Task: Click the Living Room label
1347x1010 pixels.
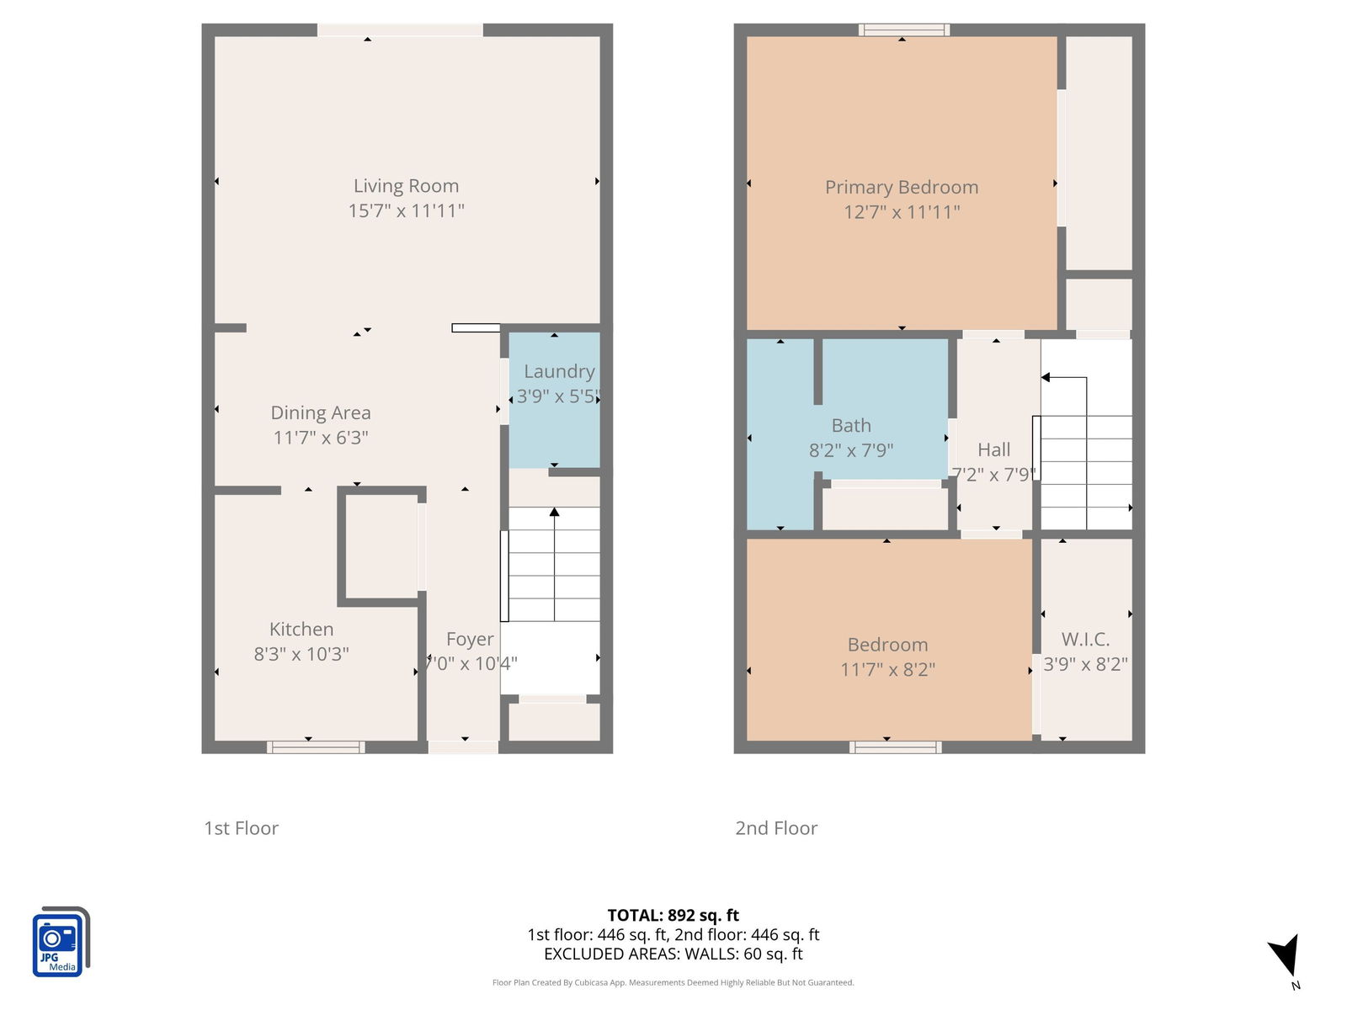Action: pos(406,185)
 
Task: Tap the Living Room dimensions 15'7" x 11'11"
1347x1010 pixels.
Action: pos(406,210)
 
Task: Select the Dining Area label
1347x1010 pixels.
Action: pos(321,412)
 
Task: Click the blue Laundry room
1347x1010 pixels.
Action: pos(554,400)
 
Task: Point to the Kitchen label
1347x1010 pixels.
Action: pos(301,629)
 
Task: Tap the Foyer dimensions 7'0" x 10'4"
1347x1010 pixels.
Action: pos(471,663)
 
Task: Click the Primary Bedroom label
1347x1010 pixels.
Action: pos(902,187)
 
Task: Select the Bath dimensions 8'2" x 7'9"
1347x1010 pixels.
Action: pos(850,450)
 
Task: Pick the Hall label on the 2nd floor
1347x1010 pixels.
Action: pos(993,449)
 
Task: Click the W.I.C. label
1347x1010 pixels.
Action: pos(1085,639)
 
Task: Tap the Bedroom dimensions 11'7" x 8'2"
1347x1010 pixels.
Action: pos(887,669)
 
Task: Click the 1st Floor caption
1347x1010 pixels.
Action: pos(241,828)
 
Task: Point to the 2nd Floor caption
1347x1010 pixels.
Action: pos(776,828)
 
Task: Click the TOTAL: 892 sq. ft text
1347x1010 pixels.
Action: pos(673,915)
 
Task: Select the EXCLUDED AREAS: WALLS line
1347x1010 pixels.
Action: pos(673,954)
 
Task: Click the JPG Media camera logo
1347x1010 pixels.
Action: pos(61,941)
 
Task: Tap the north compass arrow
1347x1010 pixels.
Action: pos(1285,954)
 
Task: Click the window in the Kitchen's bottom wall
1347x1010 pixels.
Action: pos(316,747)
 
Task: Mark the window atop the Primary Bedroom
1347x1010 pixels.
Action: pos(904,30)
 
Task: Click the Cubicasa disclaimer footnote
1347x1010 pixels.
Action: pos(673,982)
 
